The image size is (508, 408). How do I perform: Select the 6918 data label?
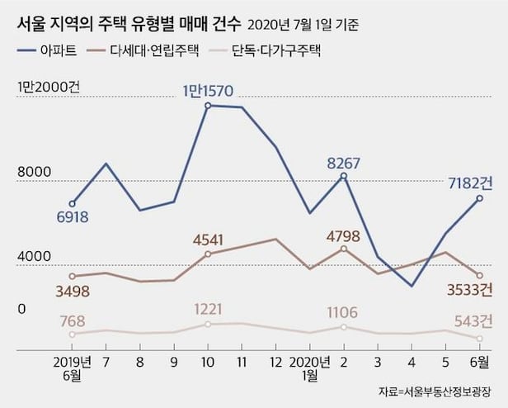click(x=73, y=218)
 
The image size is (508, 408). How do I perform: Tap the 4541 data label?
click(x=208, y=240)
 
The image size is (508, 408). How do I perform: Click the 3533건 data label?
click(x=466, y=289)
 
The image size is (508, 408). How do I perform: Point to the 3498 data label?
click(x=73, y=291)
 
